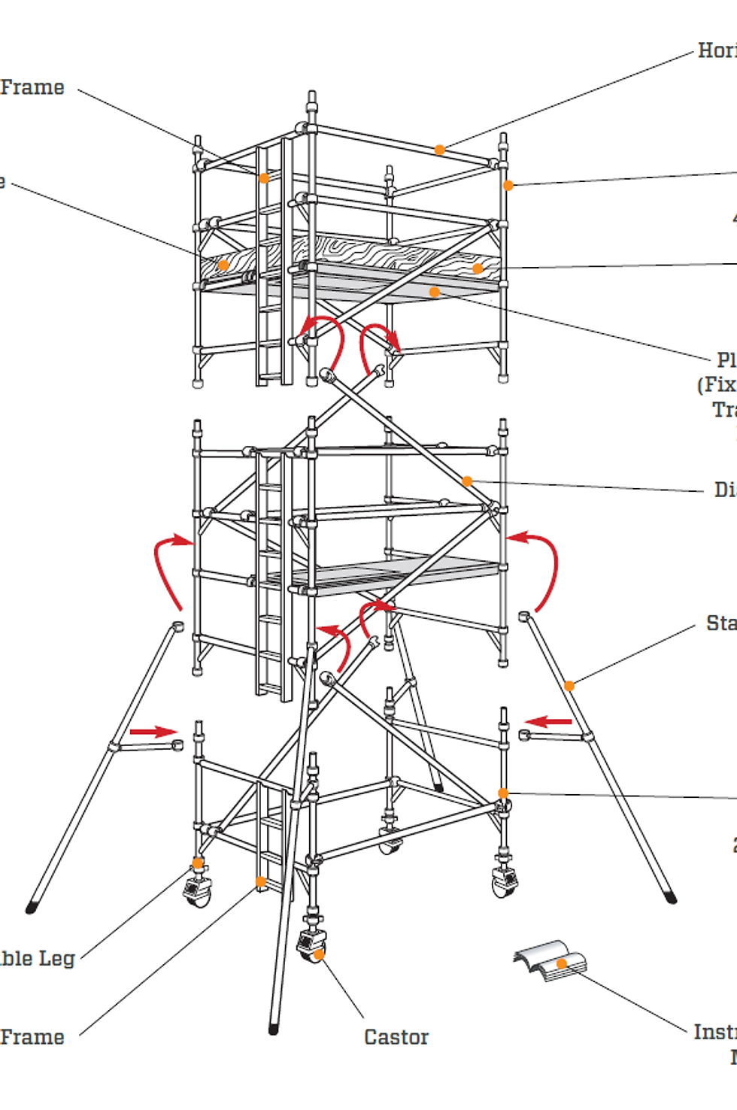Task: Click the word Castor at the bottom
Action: coord(396,1037)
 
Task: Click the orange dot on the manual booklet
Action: coord(561,963)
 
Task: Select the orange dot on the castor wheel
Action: coord(319,954)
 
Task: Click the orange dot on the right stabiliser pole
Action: coord(569,685)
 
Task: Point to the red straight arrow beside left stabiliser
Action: coord(153,731)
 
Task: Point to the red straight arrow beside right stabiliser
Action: coord(548,722)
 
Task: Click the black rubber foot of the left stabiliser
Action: coord(31,908)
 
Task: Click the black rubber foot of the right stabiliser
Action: coord(671,897)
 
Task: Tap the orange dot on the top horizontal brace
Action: coord(440,150)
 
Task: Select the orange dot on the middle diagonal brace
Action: coord(467,481)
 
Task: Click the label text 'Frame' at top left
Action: coord(32,87)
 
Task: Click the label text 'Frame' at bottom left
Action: coord(32,1037)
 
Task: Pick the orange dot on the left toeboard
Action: coord(223,265)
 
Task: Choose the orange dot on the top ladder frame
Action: coord(264,178)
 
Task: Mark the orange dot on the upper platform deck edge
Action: coord(434,292)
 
